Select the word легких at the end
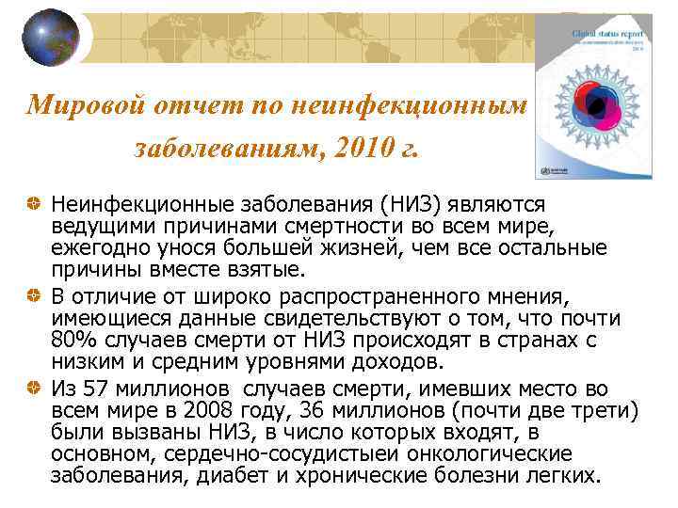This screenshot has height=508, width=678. (563, 476)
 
